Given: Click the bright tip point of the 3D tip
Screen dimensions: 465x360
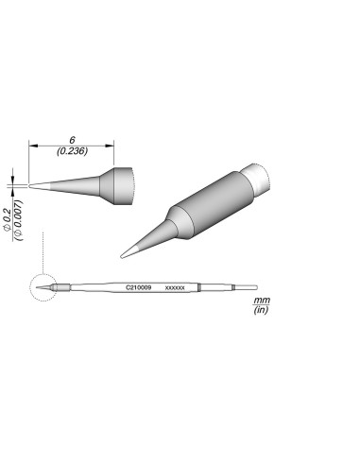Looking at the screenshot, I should click(127, 252).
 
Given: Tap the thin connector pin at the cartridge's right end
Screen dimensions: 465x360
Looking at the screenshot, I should click(247, 287).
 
